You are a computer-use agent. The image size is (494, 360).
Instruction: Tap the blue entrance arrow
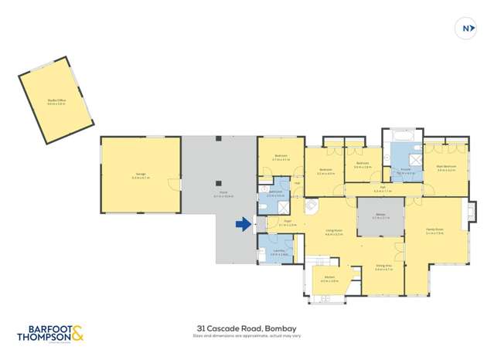244,225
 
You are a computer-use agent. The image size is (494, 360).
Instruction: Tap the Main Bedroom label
445,166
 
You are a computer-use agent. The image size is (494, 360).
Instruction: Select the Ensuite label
405,172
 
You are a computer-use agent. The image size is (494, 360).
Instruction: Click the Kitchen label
329,279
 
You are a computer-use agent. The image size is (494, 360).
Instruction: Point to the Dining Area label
384,267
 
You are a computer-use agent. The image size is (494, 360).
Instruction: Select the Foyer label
287,221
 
